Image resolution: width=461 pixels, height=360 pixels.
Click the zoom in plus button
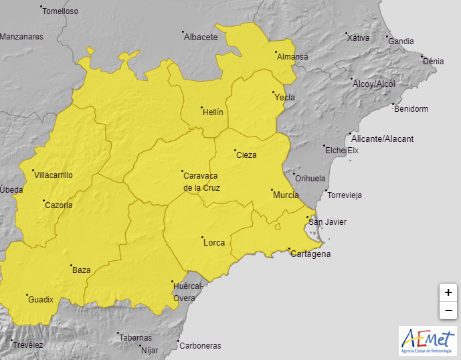448,292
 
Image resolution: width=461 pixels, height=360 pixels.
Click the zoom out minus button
448,310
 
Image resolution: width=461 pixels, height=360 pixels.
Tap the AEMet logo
428,341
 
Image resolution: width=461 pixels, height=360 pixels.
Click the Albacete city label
201,37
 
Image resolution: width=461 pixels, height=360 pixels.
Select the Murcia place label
286,195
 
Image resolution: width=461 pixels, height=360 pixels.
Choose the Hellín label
212,112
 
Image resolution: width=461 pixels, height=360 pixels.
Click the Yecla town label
284,98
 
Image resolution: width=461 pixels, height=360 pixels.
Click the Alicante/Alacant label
382,139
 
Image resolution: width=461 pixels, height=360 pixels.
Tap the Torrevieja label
344,195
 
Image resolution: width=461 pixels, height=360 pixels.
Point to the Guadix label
41,300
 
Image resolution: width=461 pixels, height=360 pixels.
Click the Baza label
81,270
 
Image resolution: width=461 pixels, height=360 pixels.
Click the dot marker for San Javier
307,217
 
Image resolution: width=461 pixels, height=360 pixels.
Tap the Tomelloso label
60,11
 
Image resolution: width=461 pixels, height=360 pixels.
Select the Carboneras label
200,346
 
